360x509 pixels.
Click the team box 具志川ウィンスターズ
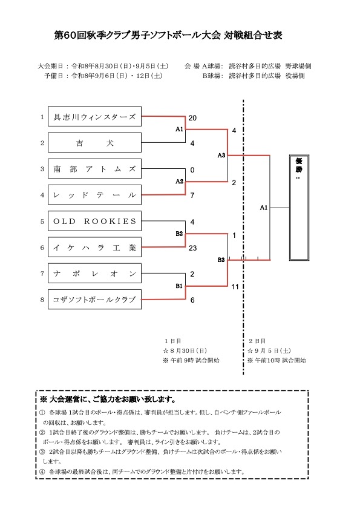click(x=94, y=116)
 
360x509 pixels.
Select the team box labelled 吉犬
click(x=94, y=142)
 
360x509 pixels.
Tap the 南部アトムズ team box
click(x=94, y=168)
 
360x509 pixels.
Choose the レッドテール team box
click(x=94, y=195)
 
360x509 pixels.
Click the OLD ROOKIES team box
click(x=94, y=221)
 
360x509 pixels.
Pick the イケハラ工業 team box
click(x=94, y=247)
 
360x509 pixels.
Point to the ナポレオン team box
click(x=94, y=274)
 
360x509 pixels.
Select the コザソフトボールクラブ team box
click(x=94, y=300)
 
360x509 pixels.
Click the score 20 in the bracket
click(x=192, y=118)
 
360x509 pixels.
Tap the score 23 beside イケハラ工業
click(x=192, y=248)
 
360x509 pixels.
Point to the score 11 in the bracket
click(x=235, y=287)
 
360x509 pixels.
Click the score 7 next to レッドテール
click(x=192, y=195)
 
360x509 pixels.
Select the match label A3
click(x=221, y=156)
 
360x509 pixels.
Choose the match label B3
click(x=221, y=260)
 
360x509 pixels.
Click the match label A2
click(x=180, y=182)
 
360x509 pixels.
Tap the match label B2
click(x=180, y=234)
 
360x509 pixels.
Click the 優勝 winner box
click(x=299, y=208)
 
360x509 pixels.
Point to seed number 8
click(x=42, y=300)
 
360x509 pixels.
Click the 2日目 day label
click(x=257, y=341)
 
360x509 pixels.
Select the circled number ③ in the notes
click(x=42, y=452)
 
